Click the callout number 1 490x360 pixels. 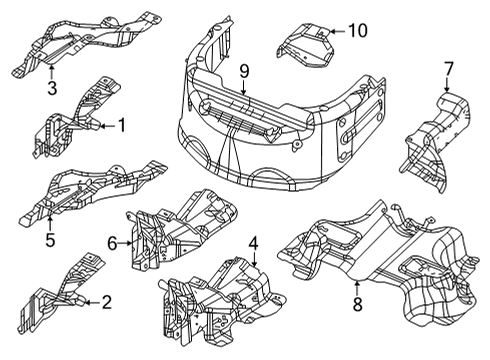click(122, 127)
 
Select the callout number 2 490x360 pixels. click(107, 301)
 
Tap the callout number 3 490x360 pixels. click(50, 88)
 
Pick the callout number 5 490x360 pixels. click(50, 238)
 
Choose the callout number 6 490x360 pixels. click(112, 241)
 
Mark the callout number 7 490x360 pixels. click(448, 69)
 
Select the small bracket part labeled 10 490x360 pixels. click(311, 44)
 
